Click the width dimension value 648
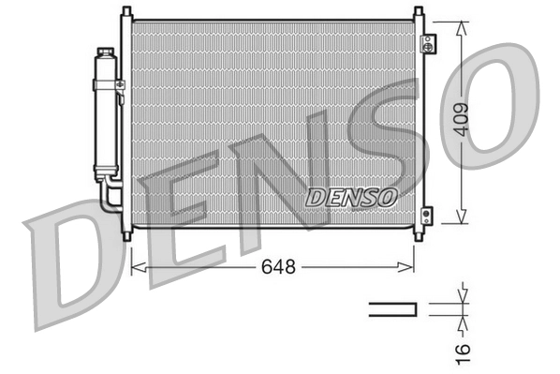click(x=277, y=267)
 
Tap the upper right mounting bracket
click(x=428, y=43)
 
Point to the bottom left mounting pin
click(x=126, y=235)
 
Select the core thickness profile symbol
click(x=391, y=309)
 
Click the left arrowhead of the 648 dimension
click(x=135, y=267)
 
